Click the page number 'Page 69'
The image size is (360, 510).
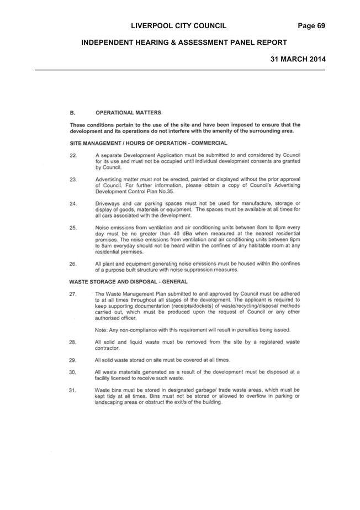coord(311,26)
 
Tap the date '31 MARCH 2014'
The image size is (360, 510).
coord(298,59)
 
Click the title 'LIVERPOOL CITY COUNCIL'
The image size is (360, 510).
coord(179,26)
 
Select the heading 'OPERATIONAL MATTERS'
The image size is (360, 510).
coord(128,113)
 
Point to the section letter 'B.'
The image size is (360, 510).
coord(72,113)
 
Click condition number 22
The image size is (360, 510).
coord(73,155)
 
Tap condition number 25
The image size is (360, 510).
coord(73,228)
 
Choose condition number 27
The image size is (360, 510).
coord(73,294)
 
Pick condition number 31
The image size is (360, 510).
coord(72,390)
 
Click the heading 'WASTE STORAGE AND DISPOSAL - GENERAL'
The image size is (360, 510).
coord(129,282)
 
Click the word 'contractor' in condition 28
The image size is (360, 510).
coord(107,348)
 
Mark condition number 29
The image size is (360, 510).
coord(72,360)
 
